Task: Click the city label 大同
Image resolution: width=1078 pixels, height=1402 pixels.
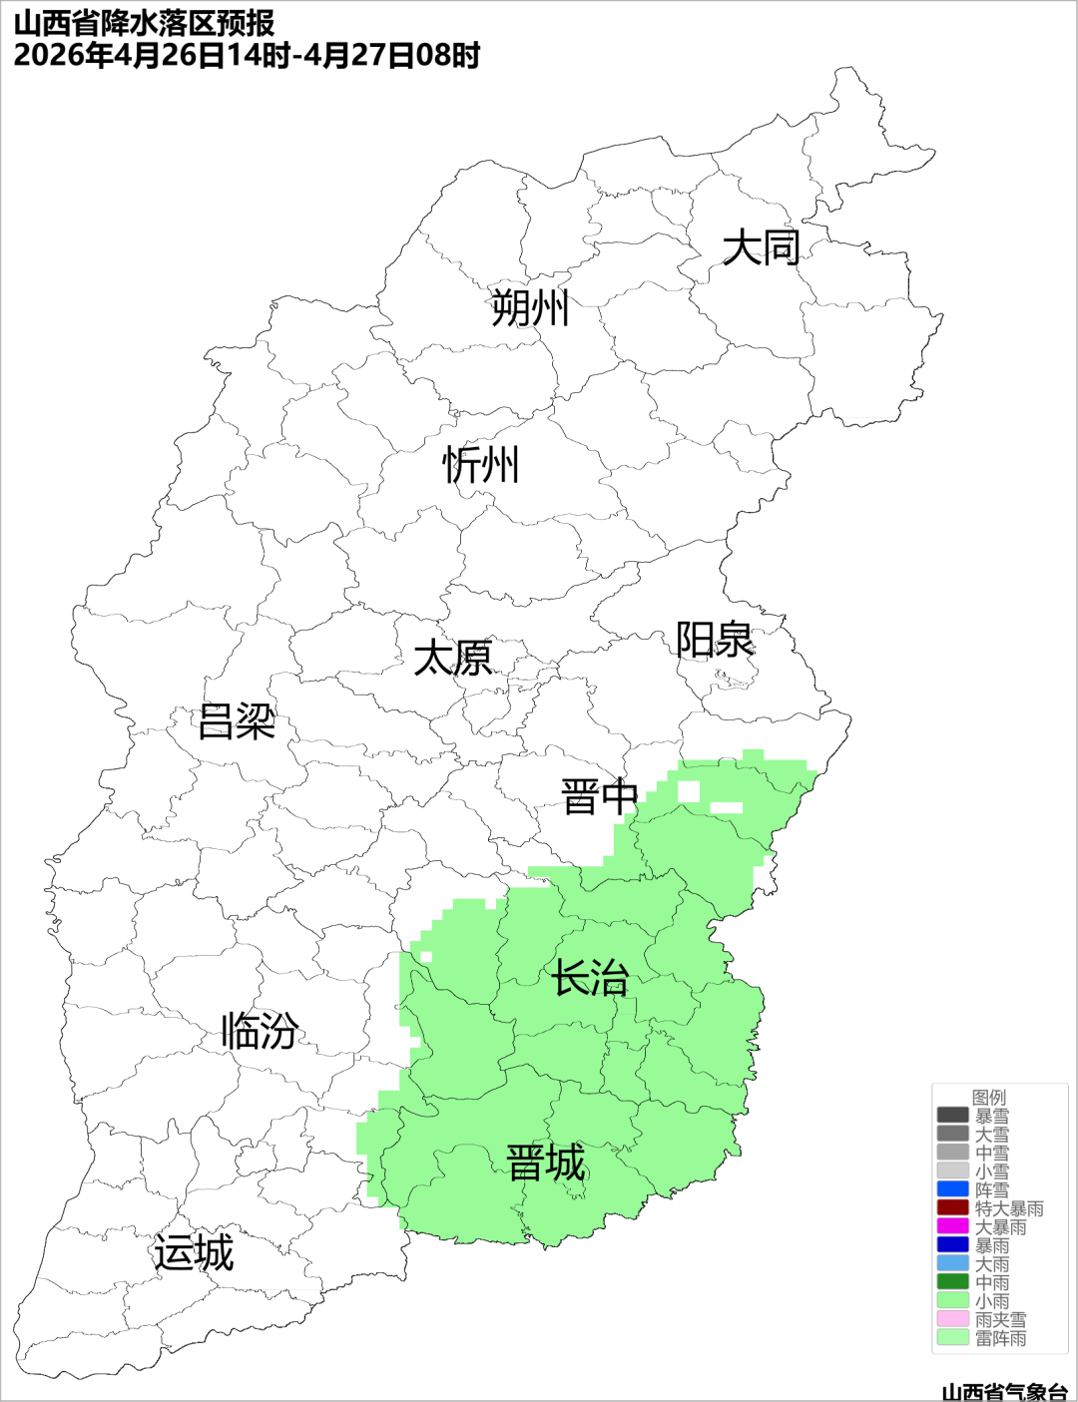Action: click(761, 247)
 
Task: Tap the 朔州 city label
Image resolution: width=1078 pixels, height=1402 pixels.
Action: click(530, 307)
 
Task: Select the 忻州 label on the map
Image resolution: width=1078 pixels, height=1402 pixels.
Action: click(481, 465)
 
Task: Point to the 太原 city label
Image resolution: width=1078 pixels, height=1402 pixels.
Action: click(453, 659)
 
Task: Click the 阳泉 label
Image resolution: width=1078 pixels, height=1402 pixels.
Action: click(715, 640)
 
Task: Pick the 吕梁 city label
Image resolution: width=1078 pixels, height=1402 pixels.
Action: click(237, 721)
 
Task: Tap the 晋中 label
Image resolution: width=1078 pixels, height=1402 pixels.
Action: click(599, 797)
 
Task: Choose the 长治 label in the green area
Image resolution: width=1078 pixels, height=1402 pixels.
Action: click(591, 978)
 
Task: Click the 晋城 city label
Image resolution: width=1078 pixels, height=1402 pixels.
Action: click(546, 1164)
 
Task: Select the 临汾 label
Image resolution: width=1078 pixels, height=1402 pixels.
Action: click(260, 1031)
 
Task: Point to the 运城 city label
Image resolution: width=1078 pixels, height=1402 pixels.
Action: click(194, 1253)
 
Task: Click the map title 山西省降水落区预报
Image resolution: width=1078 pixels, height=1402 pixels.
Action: click(145, 22)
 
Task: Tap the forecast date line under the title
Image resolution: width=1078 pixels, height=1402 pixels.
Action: click(247, 55)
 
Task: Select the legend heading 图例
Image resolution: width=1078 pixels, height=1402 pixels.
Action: click(989, 1097)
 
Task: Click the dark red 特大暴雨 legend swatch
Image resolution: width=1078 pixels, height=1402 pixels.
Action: click(953, 1208)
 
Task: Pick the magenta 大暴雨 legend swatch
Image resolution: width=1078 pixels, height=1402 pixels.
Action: click(953, 1226)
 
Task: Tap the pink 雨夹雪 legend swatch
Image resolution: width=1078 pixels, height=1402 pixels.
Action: click(953, 1319)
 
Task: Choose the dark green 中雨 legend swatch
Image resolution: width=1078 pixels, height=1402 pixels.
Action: click(953, 1282)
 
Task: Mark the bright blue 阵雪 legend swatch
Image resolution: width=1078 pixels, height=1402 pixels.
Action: click(953, 1189)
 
